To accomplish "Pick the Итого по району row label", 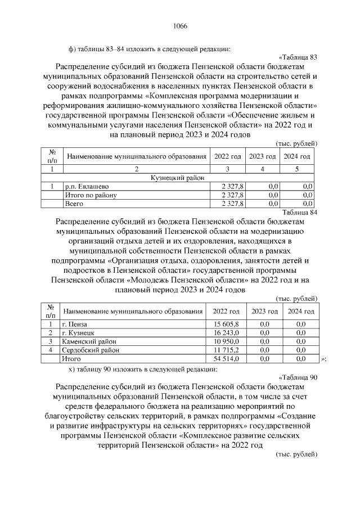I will pos(91,195).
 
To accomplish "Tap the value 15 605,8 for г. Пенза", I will pos(226,325).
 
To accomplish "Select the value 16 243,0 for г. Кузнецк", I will pos(226,333).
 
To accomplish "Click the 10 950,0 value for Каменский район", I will pos(226,341).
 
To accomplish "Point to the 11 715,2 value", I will pos(226,349).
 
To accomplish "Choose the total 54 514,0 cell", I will pos(226,358).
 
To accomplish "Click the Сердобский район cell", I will pos(91,349).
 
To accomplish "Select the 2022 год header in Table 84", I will pos(226,311).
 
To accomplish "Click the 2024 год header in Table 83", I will pos(297,156).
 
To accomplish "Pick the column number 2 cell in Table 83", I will pos(136,169).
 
